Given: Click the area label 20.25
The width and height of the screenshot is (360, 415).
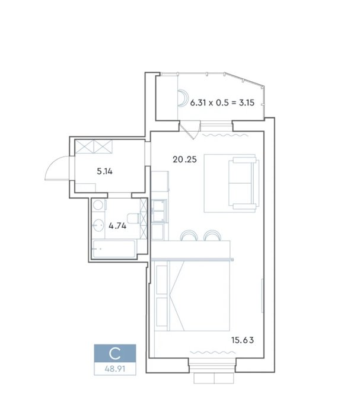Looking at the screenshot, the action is click(184, 159).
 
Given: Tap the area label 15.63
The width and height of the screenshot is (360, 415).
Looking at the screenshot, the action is click(243, 340).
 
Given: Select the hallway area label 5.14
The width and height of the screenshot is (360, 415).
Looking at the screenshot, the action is click(104, 171).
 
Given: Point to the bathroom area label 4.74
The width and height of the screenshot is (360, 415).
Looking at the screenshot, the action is click(117, 226).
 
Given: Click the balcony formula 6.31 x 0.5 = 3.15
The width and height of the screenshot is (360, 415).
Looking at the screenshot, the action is click(222, 103).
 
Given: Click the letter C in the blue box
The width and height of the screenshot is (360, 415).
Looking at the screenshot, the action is click(115, 353).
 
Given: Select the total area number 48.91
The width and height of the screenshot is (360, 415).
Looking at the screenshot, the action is click(115, 369).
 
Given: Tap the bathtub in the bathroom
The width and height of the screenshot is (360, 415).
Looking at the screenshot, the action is click(114, 249).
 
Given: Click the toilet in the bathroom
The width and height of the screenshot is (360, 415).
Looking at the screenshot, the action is click(133, 218).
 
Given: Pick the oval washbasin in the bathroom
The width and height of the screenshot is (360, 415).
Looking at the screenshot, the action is click(98, 225).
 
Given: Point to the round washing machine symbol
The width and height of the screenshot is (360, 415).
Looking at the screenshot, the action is click(98, 205).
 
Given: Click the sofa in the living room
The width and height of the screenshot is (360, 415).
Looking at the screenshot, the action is click(244, 183).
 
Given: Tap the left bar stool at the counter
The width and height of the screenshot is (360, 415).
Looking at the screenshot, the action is click(189, 235).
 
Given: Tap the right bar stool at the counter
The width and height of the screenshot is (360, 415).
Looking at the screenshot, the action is click(212, 235).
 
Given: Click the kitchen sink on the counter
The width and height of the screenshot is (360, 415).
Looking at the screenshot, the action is click(159, 210).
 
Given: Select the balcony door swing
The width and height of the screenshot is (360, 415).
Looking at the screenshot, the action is click(190, 131).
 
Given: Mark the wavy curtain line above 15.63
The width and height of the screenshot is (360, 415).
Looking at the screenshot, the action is click(213, 352).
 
